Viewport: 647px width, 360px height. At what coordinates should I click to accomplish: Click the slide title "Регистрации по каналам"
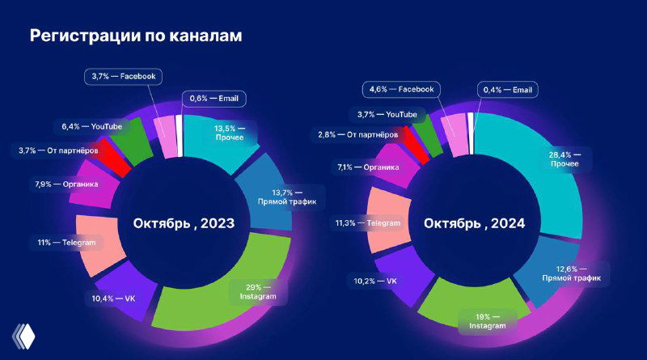(x=136, y=36)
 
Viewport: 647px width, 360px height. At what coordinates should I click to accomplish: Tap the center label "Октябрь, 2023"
(x=184, y=222)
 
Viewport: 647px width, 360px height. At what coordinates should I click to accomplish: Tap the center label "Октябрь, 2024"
(x=473, y=222)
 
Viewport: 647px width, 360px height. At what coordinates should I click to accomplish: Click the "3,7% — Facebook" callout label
(x=124, y=77)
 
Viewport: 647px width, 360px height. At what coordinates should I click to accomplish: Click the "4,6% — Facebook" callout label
(x=401, y=89)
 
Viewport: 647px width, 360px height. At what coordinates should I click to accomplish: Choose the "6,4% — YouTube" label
(x=91, y=127)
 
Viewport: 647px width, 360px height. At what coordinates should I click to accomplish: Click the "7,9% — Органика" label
(x=66, y=184)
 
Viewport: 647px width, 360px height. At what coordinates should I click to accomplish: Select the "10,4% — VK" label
(x=113, y=299)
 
